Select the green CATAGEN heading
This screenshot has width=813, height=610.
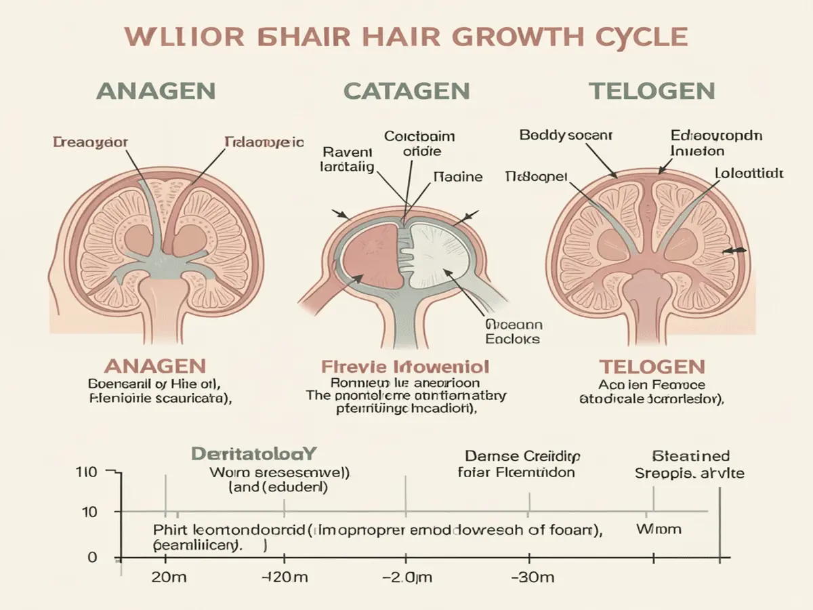click(406, 91)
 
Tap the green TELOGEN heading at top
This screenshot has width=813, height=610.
click(652, 91)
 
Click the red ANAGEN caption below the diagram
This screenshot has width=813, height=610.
click(155, 367)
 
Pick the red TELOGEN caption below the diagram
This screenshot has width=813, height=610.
click(652, 367)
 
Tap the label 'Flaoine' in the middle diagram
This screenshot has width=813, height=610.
click(457, 177)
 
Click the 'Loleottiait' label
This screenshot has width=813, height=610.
click(749, 174)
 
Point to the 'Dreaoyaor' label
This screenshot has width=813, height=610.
click(90, 142)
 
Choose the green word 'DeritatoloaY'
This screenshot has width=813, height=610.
click(254, 453)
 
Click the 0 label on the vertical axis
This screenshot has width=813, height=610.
click(93, 557)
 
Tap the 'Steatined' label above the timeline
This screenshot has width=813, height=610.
click(690, 455)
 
